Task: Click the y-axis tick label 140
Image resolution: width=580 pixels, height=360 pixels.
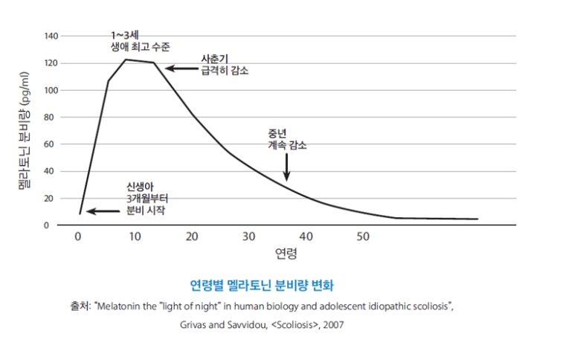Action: click(51, 36)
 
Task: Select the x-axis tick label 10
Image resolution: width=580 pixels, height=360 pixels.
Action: click(135, 237)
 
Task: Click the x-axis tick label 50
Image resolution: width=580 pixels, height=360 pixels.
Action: click(362, 237)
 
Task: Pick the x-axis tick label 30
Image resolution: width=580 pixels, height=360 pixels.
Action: click(248, 237)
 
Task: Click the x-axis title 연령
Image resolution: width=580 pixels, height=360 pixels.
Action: click(286, 254)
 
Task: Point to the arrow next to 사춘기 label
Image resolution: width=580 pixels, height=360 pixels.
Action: click(178, 68)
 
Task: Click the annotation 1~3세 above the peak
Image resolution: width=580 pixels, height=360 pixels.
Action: click(123, 34)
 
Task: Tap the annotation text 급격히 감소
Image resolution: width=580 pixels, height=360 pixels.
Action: click(225, 71)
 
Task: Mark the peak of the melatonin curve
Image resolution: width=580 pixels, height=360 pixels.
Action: click(125, 60)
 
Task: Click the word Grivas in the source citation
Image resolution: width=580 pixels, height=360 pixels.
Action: click(196, 325)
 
